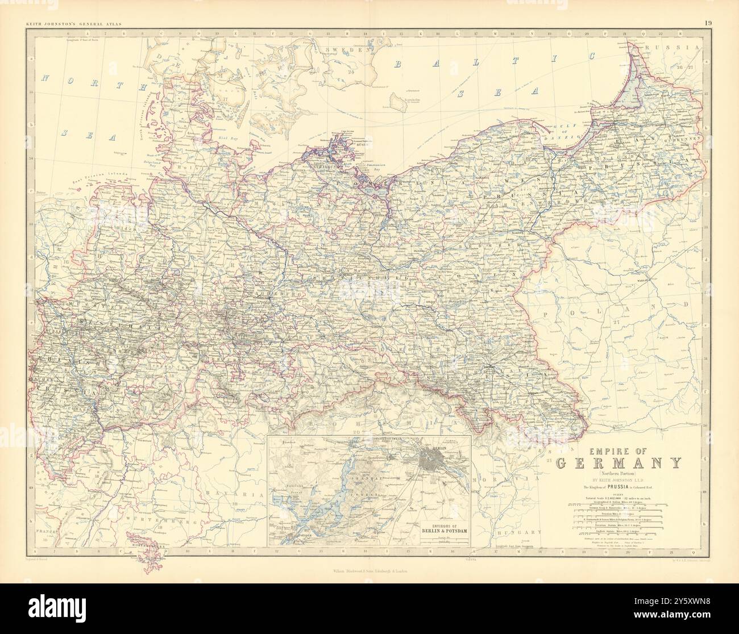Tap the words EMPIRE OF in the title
[x=618, y=447]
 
